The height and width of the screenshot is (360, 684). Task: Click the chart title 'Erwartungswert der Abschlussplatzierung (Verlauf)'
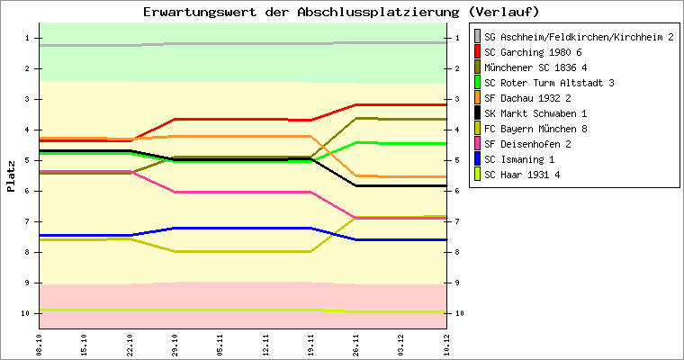341,12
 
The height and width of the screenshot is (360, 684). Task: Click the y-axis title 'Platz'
11,176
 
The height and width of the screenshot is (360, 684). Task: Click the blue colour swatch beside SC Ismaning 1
477,159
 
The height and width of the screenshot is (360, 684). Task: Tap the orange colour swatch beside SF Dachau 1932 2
477,98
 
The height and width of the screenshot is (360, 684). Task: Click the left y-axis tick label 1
28,38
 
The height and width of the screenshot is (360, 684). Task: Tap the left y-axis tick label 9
28,283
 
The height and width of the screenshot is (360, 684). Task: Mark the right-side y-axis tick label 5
460,160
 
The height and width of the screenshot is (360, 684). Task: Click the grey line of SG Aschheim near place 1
243,43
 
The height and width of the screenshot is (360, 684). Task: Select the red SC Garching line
243,119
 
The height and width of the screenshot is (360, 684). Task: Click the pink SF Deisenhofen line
243,192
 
